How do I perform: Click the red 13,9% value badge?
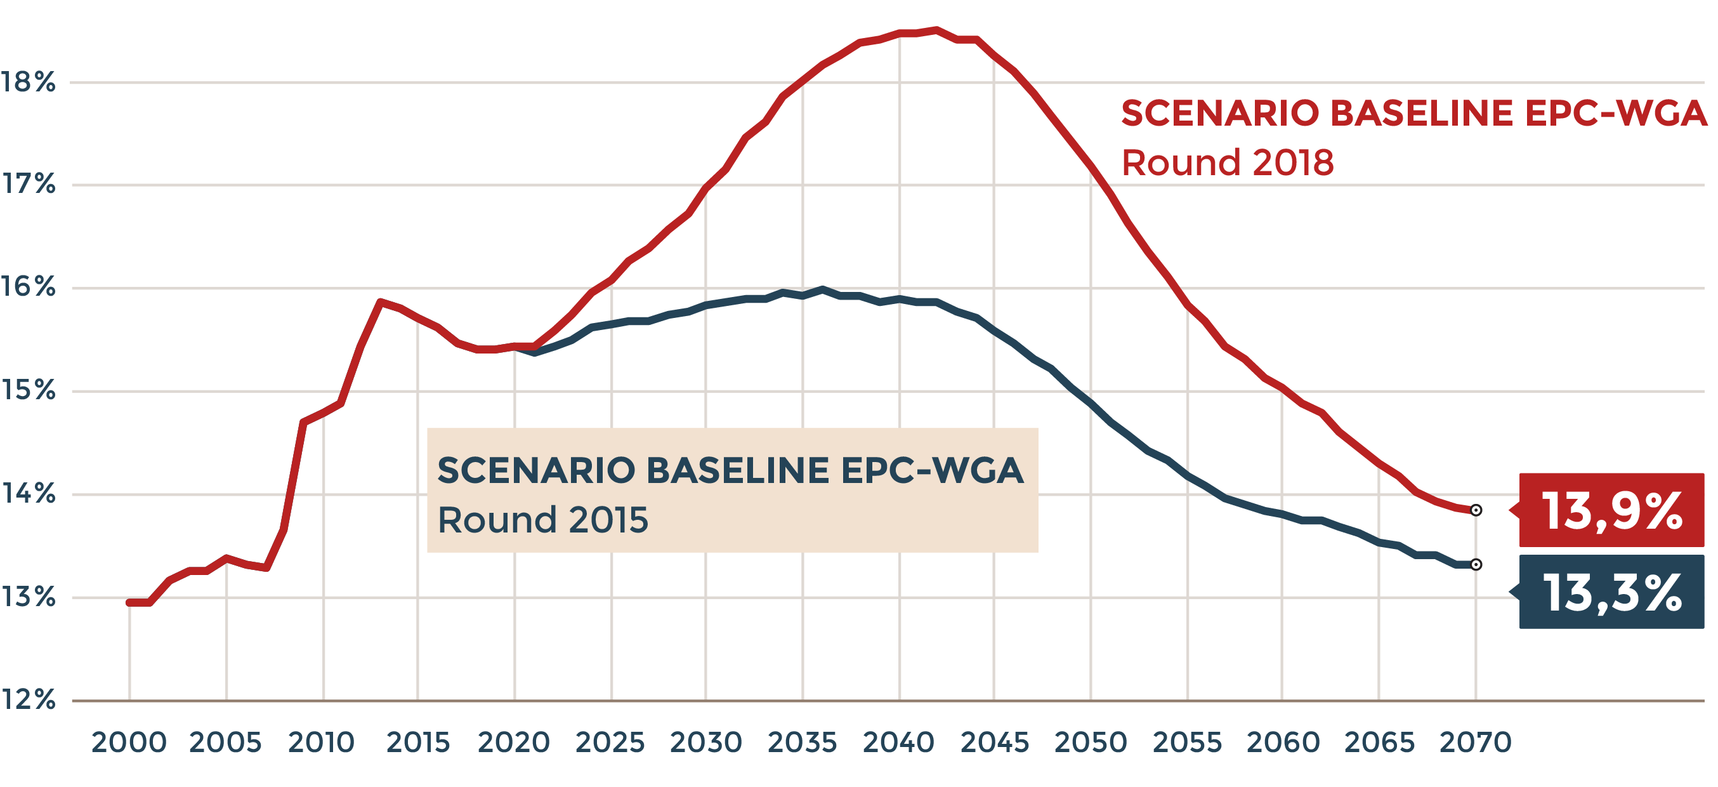point(1611,511)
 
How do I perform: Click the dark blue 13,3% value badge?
point(1611,592)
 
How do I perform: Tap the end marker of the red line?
point(1476,510)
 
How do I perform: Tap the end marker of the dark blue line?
point(1476,565)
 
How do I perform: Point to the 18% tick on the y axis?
point(28,82)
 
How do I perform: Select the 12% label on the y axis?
point(28,699)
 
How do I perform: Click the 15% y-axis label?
point(28,390)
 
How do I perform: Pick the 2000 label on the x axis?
point(129,743)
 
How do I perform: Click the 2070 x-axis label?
point(1475,743)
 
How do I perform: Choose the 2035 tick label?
point(803,743)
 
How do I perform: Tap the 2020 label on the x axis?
point(513,743)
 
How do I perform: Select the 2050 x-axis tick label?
point(1091,743)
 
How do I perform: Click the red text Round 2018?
point(1227,162)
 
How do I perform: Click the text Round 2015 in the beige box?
point(543,520)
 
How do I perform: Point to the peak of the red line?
point(936,29)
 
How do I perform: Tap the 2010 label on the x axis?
point(322,743)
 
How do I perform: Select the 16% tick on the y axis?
point(28,287)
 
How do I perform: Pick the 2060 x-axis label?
point(1283,743)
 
